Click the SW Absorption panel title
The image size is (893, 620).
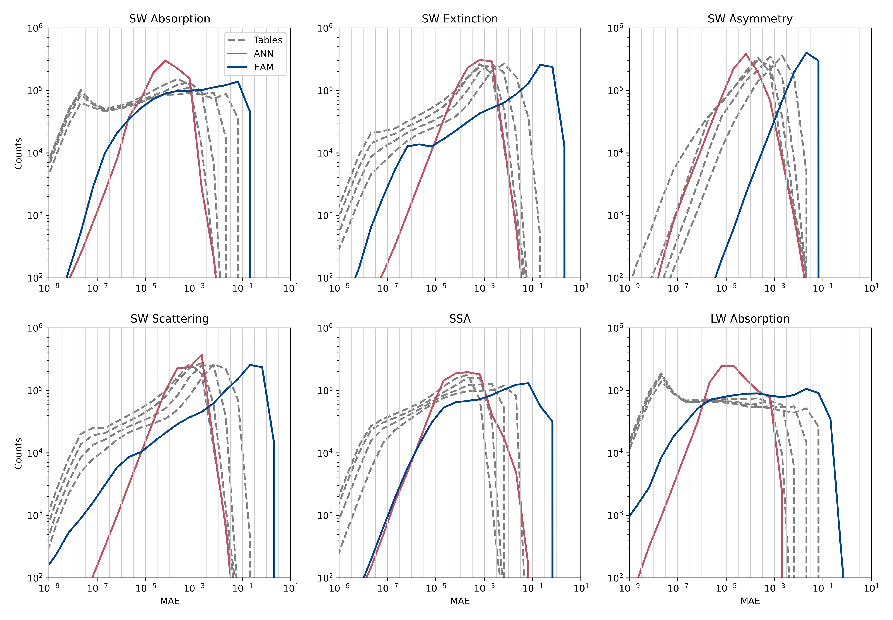170,19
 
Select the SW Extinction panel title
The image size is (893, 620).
460,19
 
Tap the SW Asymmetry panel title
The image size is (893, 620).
750,19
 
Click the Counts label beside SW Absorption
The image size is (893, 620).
18,154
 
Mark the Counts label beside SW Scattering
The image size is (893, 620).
18,453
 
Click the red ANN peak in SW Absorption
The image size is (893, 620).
166,61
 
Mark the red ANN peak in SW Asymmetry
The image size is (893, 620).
746,54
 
